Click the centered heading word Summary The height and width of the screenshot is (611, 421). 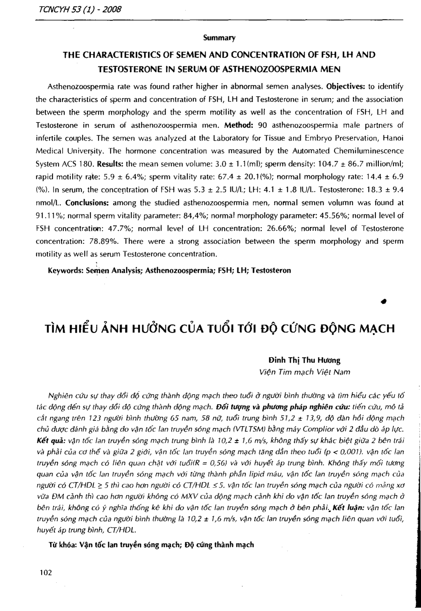point(219,38)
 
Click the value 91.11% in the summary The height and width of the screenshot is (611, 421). point(48,215)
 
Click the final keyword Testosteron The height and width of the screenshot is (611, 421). point(271,271)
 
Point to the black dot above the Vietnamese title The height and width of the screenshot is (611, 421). point(385,301)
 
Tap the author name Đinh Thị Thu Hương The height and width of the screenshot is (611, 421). point(304,361)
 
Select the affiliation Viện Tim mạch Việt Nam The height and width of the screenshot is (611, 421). point(304,372)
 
